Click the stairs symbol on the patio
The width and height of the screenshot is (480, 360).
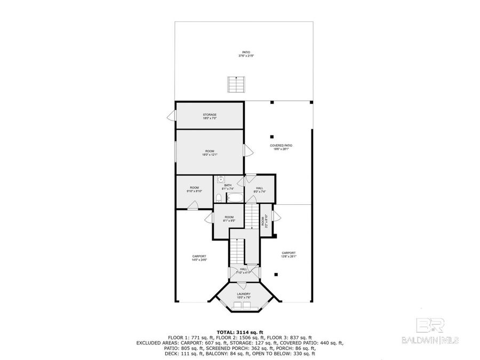coord(233,84)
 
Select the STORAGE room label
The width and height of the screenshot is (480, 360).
coord(210,116)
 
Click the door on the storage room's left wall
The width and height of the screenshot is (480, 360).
coord(171,116)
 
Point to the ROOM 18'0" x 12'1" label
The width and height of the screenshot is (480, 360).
coord(210,153)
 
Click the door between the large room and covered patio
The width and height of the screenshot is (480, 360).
coord(248,150)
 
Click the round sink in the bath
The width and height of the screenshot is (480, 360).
coord(220,180)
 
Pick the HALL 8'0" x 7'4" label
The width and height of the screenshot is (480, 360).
coord(259,189)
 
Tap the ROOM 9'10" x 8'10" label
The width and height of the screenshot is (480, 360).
coord(195,189)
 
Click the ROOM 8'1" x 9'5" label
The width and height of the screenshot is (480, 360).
coord(229,219)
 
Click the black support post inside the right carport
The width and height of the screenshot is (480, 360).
coord(276,274)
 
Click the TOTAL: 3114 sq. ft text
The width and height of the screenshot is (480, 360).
coord(239,332)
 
